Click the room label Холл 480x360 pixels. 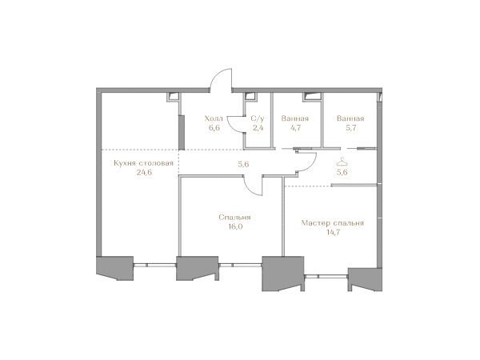tap(214, 118)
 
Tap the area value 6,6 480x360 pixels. tap(214, 128)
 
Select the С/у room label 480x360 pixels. tap(257, 118)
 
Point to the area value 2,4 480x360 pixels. tap(258, 128)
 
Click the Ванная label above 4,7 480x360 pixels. tap(294, 118)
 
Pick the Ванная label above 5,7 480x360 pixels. tap(350, 118)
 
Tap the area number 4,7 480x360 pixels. tap(295, 128)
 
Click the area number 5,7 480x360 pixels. tap(351, 128)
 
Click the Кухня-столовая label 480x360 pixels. tap(143, 163)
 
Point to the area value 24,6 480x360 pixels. tap(144, 172)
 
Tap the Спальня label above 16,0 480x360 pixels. tap(234, 218)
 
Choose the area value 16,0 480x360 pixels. tap(235, 226)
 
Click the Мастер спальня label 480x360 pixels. tap(333, 223)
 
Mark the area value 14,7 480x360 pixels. tap(333, 232)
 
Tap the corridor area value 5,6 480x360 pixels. tap(243, 164)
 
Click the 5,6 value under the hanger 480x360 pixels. tap(342, 172)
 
